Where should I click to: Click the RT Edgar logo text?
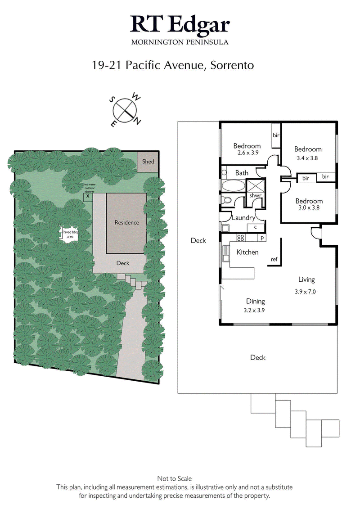point(180,24)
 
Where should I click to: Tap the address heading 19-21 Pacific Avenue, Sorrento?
point(173,65)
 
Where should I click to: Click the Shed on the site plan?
point(148,162)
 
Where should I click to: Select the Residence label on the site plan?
point(126,222)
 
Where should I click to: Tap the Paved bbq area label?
point(70,234)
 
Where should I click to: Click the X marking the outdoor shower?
point(88,196)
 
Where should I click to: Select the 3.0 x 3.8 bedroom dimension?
point(309,208)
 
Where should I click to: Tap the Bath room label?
point(242,173)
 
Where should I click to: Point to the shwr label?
point(255,196)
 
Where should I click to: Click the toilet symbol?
point(226,200)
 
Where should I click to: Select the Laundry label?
point(243,218)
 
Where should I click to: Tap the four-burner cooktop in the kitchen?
point(241,238)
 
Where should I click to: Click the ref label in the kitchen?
point(274,259)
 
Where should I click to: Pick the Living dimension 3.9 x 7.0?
point(305,291)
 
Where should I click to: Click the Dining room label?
point(255,302)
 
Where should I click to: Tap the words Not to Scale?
point(174,479)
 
